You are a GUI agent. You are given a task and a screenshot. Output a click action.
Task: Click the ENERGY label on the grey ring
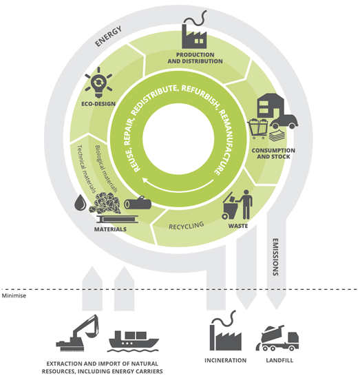pyautogui.click(x=109, y=36)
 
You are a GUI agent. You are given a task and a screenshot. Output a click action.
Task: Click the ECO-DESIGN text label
pyautogui.click(x=98, y=104)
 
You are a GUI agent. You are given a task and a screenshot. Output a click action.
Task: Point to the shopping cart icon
pyautogui.click(x=258, y=129)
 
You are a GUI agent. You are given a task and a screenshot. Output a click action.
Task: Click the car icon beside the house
pyautogui.click(x=284, y=120)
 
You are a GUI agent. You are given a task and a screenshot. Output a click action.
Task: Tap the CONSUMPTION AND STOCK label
pyautogui.click(x=273, y=154)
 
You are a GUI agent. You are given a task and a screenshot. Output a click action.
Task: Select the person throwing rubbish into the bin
pyautogui.click(x=246, y=204)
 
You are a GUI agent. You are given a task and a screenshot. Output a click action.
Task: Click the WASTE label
pyautogui.click(x=238, y=226)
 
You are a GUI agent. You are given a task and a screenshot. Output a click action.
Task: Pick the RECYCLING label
pyautogui.click(x=187, y=226)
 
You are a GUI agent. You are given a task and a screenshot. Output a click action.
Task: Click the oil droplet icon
pyautogui.click(x=81, y=202)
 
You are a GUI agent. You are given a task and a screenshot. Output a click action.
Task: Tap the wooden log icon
pyautogui.click(x=138, y=203)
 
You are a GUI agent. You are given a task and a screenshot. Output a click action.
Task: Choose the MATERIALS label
pyautogui.click(x=110, y=229)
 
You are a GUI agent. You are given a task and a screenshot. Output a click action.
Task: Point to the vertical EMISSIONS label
pyautogui.click(x=275, y=257)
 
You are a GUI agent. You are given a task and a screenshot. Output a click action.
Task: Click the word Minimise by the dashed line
pyautogui.click(x=14, y=295)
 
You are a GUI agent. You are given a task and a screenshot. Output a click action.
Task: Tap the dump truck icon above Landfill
pyautogui.click(x=277, y=338)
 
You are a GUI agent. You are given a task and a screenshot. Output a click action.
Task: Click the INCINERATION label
pyautogui.click(x=226, y=360)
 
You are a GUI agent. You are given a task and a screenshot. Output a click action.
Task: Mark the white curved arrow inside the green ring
pyautogui.click(x=178, y=189)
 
